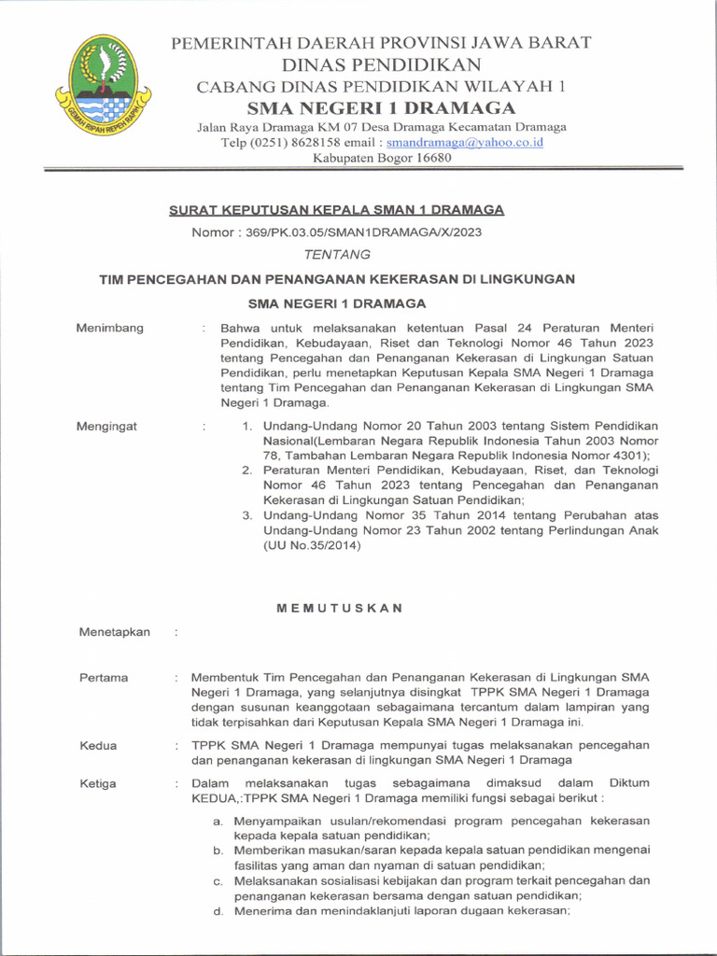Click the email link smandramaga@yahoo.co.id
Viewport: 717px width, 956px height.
(464, 143)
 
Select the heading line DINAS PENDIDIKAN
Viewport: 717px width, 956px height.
(382, 64)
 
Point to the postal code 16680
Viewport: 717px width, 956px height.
(429, 158)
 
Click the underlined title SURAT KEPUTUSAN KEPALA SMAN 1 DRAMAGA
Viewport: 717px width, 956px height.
(336, 210)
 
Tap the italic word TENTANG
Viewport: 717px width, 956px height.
(337, 254)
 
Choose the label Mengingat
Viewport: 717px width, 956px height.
(108, 427)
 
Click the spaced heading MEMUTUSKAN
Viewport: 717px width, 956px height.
(340, 608)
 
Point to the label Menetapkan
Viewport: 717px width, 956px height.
(115, 632)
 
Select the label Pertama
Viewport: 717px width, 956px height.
(104, 678)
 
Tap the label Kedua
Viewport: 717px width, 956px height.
(98, 745)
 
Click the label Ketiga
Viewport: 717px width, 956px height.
(98, 783)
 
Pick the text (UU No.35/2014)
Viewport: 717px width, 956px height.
(312, 546)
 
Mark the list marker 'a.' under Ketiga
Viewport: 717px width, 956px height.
(218, 821)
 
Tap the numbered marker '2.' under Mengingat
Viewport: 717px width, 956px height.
(247, 471)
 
